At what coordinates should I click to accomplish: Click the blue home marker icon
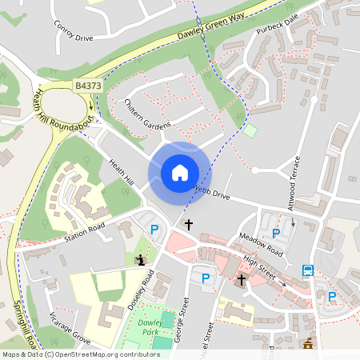click(x=179, y=173)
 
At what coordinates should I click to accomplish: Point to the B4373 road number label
click(x=90, y=85)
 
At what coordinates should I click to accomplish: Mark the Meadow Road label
click(x=261, y=246)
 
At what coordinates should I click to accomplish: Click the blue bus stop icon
click(x=308, y=270)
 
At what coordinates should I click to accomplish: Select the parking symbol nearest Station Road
click(x=155, y=230)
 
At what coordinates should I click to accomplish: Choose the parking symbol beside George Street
click(x=206, y=278)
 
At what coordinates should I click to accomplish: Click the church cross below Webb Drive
click(x=189, y=225)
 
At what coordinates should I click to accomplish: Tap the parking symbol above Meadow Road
click(x=276, y=233)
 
